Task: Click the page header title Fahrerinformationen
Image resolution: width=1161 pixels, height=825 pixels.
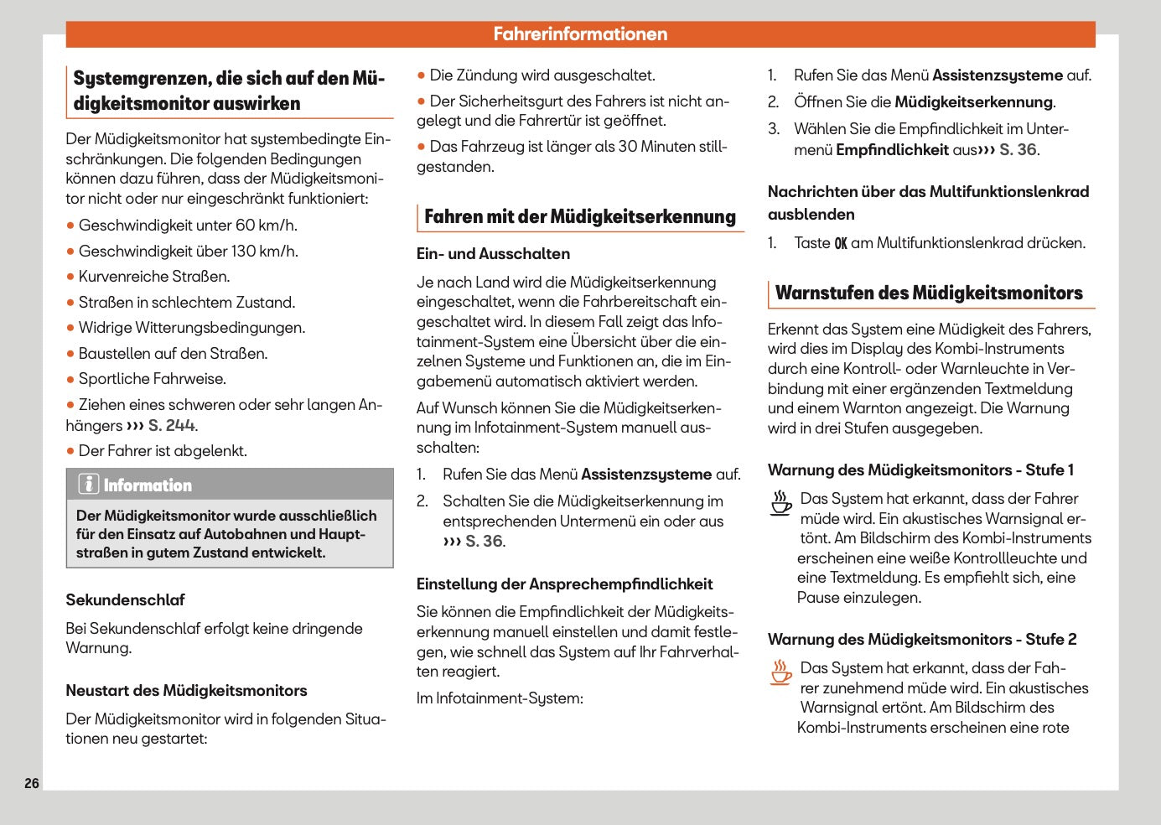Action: [x=580, y=34]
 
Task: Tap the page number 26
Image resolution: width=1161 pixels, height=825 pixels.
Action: [x=32, y=783]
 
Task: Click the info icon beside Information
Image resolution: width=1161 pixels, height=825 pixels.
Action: [x=88, y=485]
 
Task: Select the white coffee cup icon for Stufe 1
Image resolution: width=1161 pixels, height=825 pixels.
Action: [x=780, y=503]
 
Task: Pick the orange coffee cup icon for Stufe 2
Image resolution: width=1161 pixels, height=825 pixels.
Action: [x=780, y=672]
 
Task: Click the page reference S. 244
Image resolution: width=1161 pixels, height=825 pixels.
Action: [x=172, y=425]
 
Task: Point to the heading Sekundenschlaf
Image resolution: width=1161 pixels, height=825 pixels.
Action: [x=125, y=600]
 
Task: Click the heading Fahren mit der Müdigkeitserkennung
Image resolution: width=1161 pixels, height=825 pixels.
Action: [x=579, y=216]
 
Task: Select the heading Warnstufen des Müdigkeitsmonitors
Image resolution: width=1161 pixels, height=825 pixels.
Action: [x=929, y=293]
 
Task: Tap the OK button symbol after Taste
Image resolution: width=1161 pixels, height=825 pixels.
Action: [x=840, y=244]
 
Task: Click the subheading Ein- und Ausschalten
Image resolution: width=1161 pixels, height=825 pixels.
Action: [x=493, y=254]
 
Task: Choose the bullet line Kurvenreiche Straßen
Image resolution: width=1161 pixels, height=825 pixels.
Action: [x=153, y=277]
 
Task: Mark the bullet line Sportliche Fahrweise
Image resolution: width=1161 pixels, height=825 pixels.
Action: [x=152, y=379]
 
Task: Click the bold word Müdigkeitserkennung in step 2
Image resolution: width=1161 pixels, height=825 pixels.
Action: [x=973, y=102]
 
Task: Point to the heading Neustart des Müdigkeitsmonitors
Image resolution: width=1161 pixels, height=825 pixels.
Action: [x=186, y=691]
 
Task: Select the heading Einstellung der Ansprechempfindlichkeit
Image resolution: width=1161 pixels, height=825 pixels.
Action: [x=564, y=584]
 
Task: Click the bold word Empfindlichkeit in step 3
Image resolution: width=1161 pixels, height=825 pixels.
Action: [x=892, y=150]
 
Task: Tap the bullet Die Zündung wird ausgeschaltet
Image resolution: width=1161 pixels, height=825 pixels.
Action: [x=542, y=75]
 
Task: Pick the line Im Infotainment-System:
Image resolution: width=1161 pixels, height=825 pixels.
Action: [x=500, y=698]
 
